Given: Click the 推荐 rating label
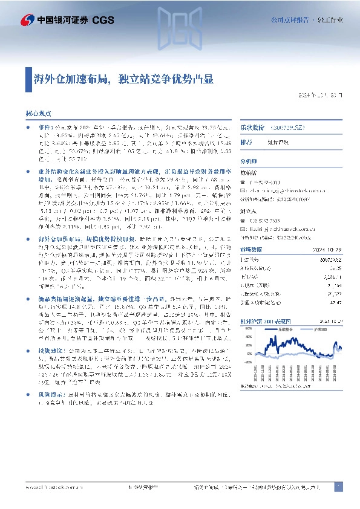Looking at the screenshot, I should click(246, 143).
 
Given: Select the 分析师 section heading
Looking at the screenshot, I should click(249, 162).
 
